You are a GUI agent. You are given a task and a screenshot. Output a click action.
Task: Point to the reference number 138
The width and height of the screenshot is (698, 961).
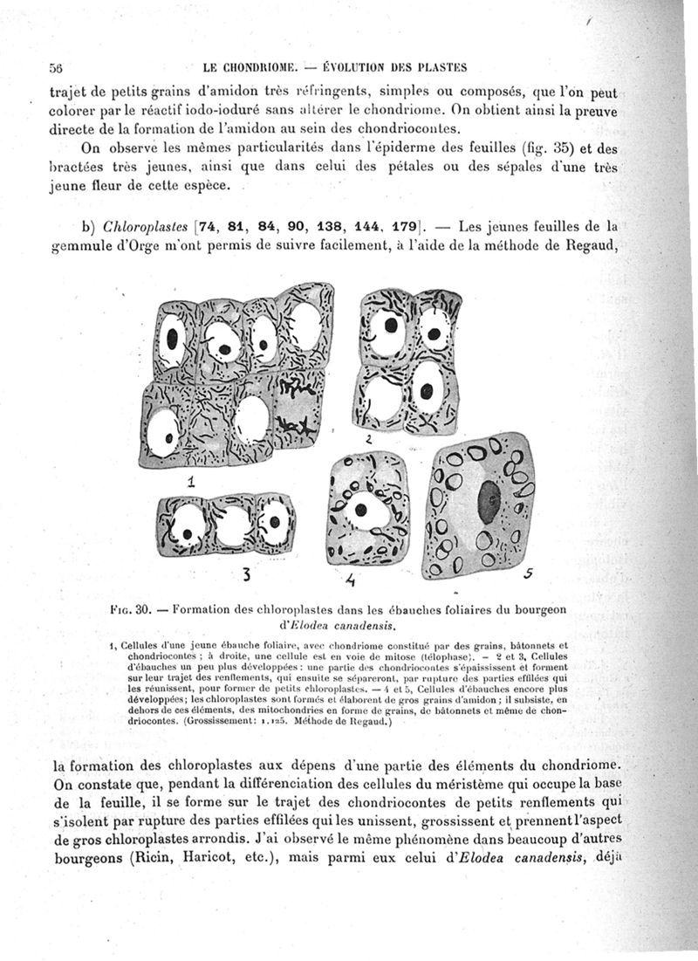pyautogui.click(x=329, y=228)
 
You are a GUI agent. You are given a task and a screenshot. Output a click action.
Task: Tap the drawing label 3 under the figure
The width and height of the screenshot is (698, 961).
pyautogui.click(x=248, y=573)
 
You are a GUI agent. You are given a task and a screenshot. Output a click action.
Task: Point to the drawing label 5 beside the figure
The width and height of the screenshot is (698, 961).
pyautogui.click(x=529, y=574)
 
